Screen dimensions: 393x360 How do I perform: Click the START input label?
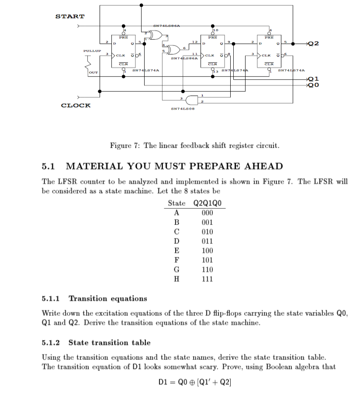pyautogui.click(x=70, y=17)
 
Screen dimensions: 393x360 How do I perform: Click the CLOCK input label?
pyautogui.click(x=76, y=105)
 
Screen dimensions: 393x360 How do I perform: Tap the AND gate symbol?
pyautogui.click(x=193, y=99)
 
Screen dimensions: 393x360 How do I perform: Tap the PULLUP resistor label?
pyautogui.click(x=92, y=51)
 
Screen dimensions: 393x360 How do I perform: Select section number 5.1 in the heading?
pyautogui.click(x=48, y=166)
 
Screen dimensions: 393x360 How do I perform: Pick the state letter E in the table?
pyautogui.click(x=177, y=251)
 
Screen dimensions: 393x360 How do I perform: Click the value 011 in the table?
pyautogui.click(x=208, y=241)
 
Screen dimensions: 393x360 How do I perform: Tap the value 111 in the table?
pyautogui.click(x=208, y=279)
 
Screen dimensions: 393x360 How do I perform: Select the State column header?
pyautogui.click(x=177, y=203)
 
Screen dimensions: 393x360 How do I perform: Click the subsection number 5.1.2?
pyautogui.click(x=52, y=343)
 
